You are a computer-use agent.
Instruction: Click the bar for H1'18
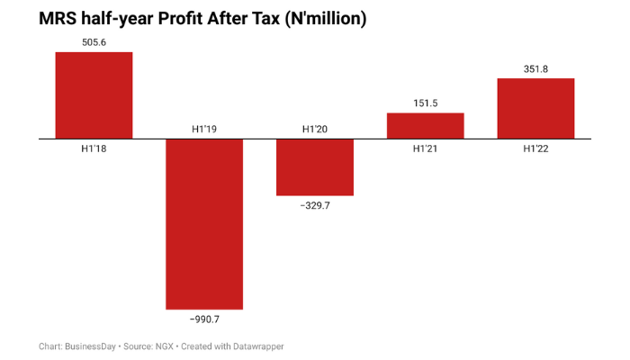coord(94,95)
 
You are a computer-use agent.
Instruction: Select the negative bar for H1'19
coord(204,224)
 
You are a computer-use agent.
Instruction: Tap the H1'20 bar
coord(314,167)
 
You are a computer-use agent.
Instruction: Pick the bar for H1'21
coord(425,126)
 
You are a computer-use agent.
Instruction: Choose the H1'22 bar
coord(535,109)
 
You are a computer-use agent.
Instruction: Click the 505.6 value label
coord(94,41)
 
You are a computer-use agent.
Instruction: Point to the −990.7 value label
coord(204,319)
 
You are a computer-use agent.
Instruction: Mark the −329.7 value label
coord(314,206)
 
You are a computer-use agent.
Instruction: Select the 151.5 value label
coord(425,103)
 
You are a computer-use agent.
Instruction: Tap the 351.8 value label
coord(535,68)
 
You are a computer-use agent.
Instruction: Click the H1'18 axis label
coord(94,149)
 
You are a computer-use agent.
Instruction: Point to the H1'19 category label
coord(204,130)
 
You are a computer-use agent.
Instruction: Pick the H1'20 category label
coord(314,130)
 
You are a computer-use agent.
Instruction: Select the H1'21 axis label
coord(425,149)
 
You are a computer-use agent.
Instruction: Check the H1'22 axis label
coord(535,149)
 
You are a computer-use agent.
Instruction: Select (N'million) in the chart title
coord(320,18)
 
